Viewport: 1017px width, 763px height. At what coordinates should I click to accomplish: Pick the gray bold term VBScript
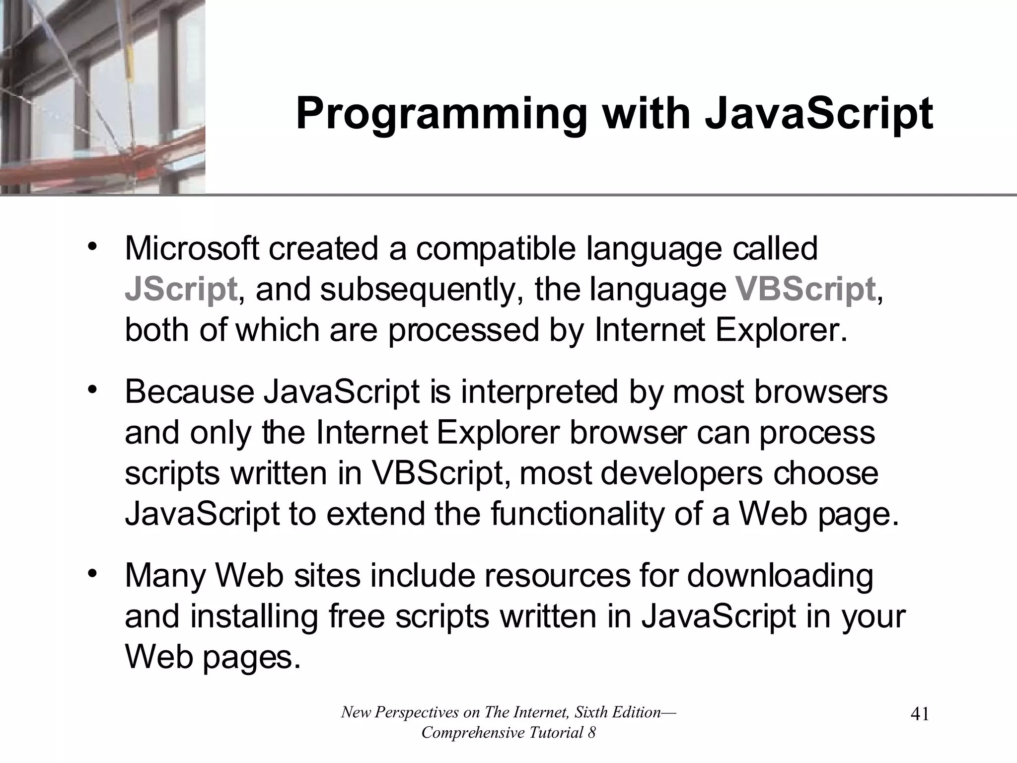(805, 289)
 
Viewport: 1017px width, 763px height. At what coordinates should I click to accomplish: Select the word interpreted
(539, 392)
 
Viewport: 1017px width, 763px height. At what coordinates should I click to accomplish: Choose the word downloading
(780, 576)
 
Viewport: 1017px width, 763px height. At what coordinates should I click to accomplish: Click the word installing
(254, 617)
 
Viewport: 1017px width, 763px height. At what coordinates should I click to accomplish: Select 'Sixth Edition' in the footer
(618, 712)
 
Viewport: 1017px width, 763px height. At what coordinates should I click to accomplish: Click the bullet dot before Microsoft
(91, 247)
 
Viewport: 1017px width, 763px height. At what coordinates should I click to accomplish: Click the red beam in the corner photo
(99, 159)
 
